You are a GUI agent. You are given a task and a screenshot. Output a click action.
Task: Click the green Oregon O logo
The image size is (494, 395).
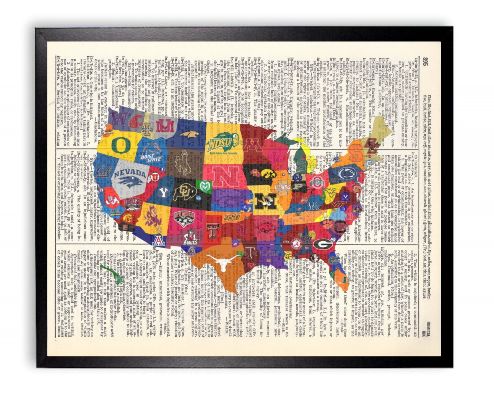click(x=121, y=145)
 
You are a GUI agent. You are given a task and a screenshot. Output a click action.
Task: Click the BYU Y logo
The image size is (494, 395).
click(x=163, y=192)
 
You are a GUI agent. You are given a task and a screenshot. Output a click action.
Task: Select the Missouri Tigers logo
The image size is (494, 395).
click(x=265, y=200)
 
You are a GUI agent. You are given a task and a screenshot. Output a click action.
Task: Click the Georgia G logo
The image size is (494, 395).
click(x=323, y=244)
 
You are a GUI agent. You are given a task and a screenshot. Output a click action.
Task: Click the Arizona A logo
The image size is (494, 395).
click(x=158, y=241)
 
